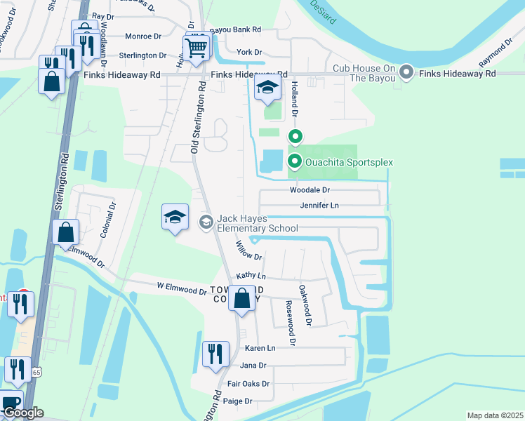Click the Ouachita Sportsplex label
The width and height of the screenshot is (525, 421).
[348, 163]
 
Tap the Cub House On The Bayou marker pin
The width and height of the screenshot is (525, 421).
[406, 72]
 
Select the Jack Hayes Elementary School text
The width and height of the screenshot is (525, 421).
[257, 223]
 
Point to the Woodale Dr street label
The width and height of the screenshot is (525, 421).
[310, 190]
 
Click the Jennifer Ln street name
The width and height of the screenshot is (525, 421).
[319, 206]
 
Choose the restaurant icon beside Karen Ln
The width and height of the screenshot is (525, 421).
[215, 353]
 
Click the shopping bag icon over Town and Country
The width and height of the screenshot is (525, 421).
[241, 298]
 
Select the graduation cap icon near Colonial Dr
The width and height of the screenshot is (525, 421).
[175, 217]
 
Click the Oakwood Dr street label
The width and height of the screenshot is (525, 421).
[304, 305]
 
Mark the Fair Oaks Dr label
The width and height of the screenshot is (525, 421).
[248, 384]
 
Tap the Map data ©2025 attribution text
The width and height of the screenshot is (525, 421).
[495, 415]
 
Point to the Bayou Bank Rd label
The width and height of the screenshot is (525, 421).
[235, 29]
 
